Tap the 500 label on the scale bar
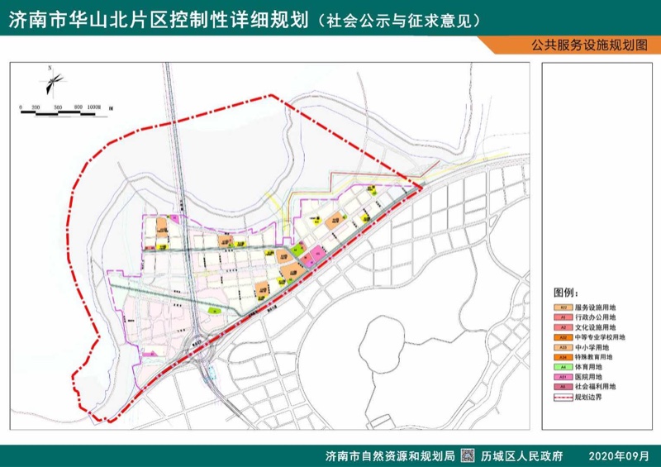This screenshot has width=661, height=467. (58, 107)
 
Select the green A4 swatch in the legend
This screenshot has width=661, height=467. (562, 366)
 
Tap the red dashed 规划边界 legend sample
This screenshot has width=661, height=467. (562, 396)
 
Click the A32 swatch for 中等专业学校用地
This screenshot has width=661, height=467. (562, 337)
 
